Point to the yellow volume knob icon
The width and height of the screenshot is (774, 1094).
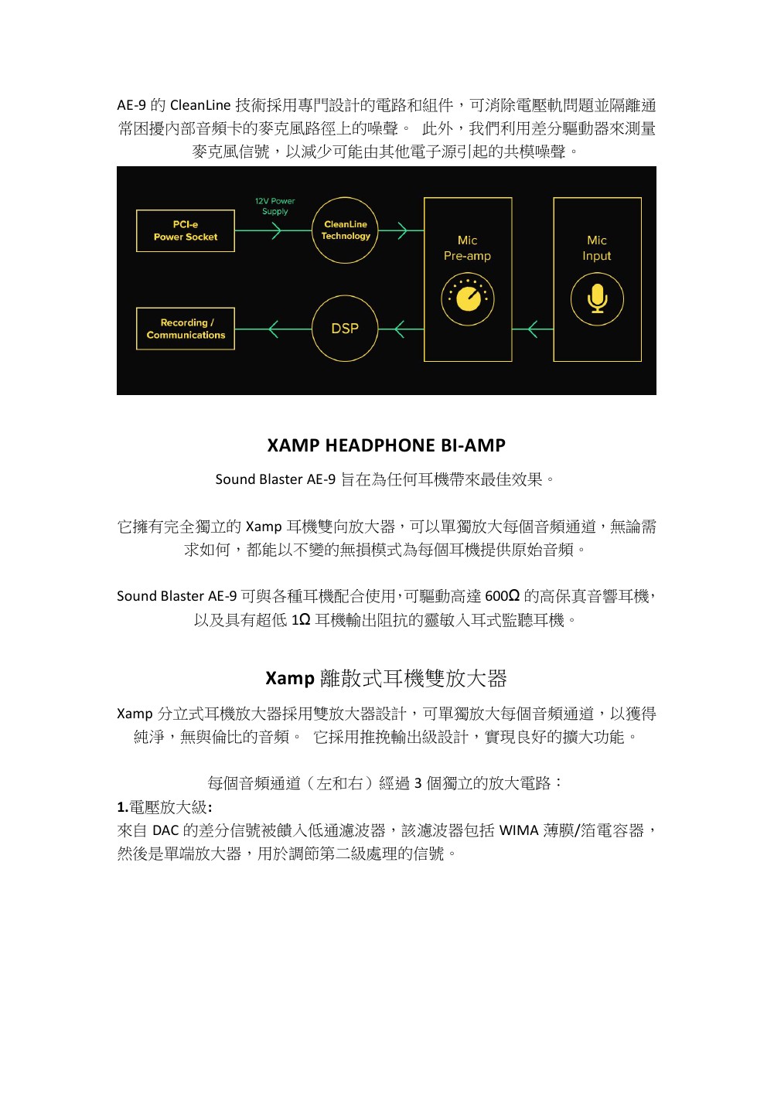tap(468, 299)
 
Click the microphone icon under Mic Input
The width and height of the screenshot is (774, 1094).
tap(597, 299)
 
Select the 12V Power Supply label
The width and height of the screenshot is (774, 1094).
tap(275, 206)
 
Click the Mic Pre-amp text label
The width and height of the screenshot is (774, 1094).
tap(467, 248)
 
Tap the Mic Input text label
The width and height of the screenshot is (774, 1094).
tap(597, 248)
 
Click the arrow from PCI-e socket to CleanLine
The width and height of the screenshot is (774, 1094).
tap(273, 230)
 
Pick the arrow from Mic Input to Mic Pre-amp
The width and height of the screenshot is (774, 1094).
tap(533, 329)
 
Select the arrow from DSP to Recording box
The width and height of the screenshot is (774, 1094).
tap(273, 329)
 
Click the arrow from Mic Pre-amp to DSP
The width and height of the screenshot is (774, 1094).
tap(401, 329)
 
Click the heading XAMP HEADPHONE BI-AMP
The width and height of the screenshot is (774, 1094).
tap(387, 445)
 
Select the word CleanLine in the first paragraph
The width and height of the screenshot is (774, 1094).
tap(200, 105)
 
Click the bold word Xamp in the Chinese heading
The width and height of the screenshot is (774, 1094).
tap(290, 678)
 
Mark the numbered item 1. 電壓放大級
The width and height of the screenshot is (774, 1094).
tap(165, 807)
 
